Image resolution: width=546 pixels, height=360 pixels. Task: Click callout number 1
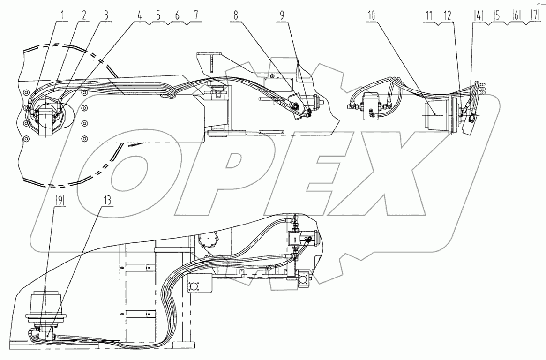click(x=63, y=15)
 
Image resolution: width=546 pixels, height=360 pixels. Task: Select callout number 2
click(x=84, y=15)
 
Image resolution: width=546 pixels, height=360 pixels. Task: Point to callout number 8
click(x=235, y=15)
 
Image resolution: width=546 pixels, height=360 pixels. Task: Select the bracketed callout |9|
click(x=60, y=200)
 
